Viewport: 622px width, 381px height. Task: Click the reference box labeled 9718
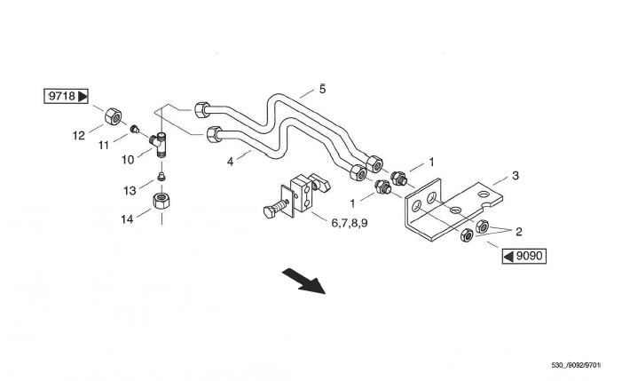[x=67, y=96]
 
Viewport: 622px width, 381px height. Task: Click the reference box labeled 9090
[x=524, y=257]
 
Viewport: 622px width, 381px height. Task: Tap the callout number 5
[x=322, y=89]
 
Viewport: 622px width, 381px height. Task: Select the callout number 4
[x=230, y=163]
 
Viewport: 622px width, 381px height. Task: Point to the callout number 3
[x=515, y=176]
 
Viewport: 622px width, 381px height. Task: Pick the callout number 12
[x=78, y=136]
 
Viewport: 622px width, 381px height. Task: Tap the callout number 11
[x=104, y=144]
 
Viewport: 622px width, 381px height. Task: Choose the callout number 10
[x=128, y=159]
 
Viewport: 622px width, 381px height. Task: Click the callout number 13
[x=130, y=189]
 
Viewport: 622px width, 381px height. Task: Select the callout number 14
[x=130, y=217]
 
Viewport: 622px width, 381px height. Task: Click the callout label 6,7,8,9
[x=349, y=223]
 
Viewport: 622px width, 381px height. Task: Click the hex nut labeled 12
[x=113, y=116]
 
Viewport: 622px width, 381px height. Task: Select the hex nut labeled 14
[x=162, y=201]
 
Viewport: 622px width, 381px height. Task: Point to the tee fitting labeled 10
[x=161, y=142]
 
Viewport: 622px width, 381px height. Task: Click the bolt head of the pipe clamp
[x=267, y=212]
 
